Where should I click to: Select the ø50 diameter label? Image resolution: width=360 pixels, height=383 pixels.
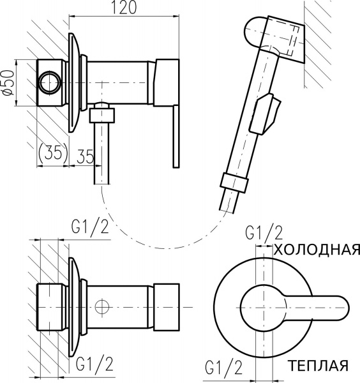coord(8,81)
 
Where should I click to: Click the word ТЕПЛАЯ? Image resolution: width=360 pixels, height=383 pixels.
coord(319,367)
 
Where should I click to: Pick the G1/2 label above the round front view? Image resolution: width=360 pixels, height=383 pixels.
coord(264,234)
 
